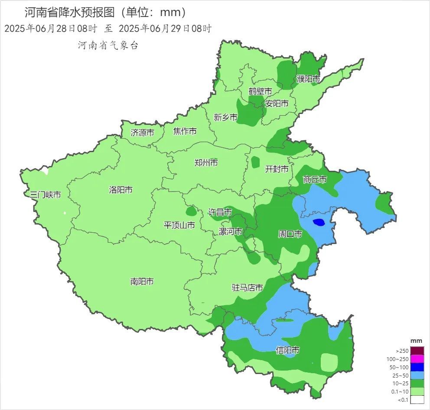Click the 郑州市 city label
[206, 163]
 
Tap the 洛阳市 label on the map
[121, 190]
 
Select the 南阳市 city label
[142, 282]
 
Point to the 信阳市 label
[287, 350]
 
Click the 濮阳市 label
[308, 79]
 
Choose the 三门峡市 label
[46, 195]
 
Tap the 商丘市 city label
[315, 179]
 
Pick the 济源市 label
[142, 133]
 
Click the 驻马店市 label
[247, 288]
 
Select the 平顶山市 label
[179, 225]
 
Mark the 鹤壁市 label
[260, 91]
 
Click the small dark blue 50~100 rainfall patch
[319, 222]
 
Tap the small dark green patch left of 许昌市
[191, 212]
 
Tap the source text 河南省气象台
[108, 45]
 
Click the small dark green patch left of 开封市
[255, 162]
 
